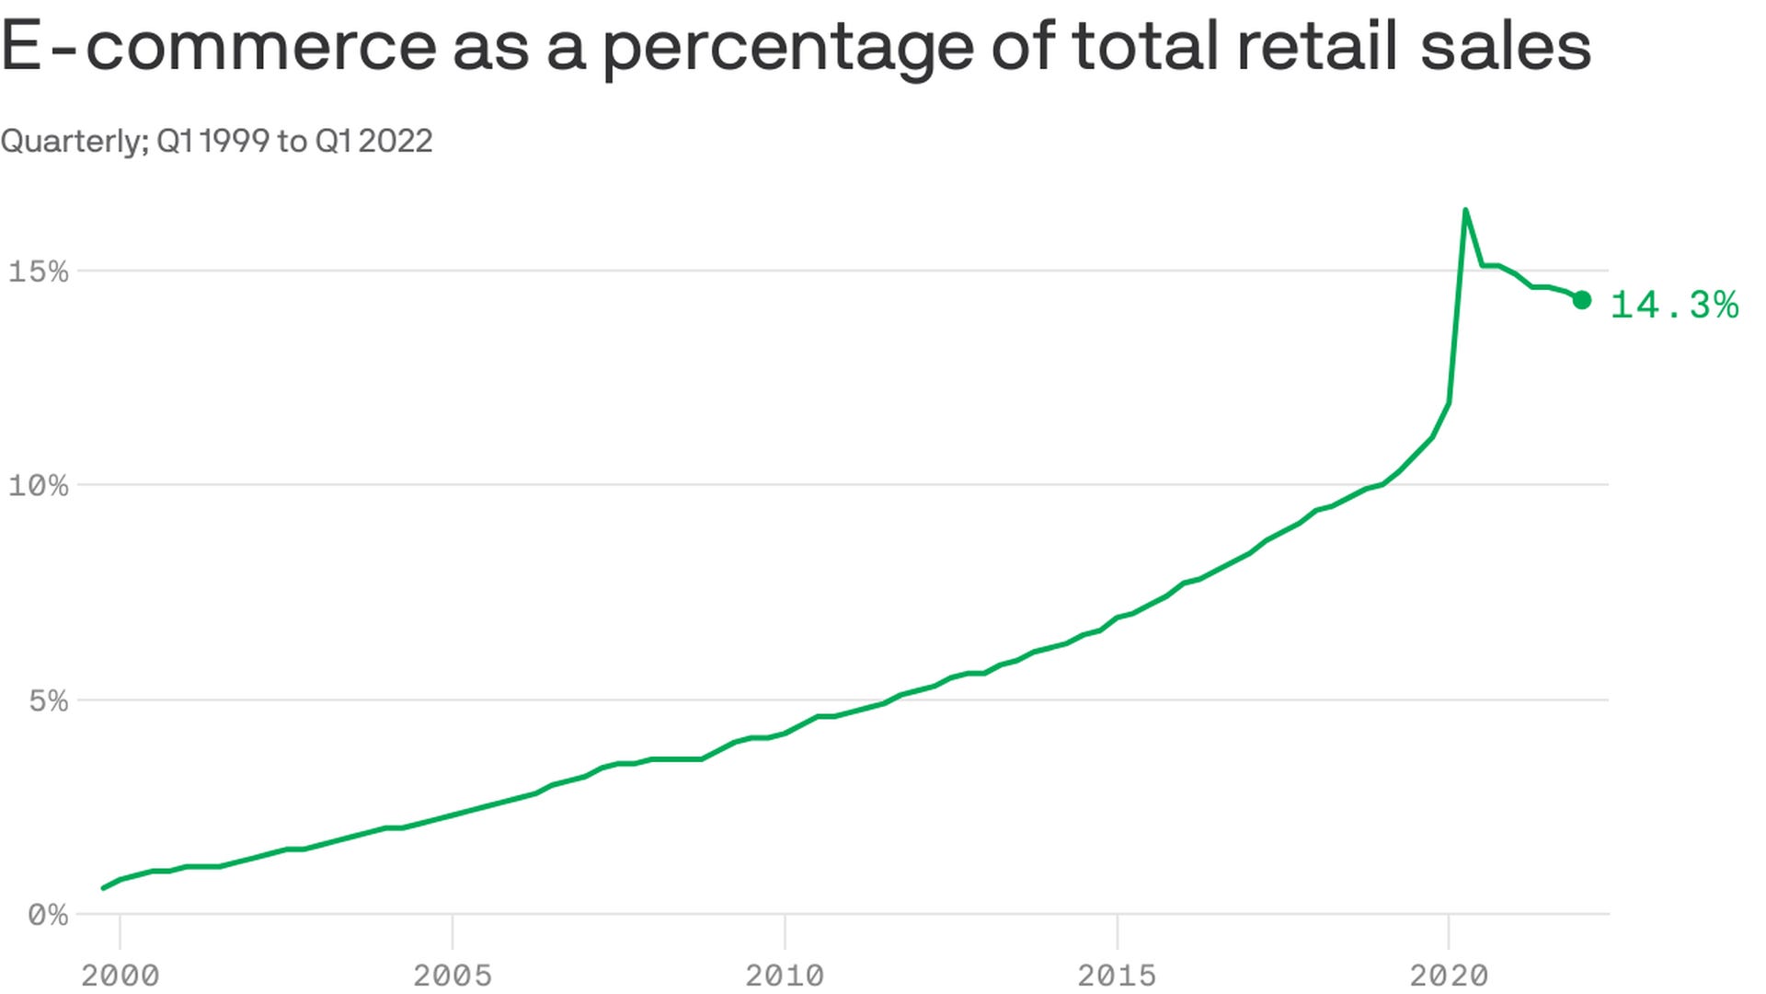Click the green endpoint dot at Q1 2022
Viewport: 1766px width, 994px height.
pos(1582,300)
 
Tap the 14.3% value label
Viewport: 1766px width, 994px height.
pos(1674,305)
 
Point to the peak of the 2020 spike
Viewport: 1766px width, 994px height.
pos(1465,211)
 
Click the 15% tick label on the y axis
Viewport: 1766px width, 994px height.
pos(38,272)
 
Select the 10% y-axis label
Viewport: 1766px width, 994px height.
pos(38,485)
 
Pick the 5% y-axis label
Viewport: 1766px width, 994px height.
pos(48,700)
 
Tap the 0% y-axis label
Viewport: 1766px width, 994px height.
pos(48,915)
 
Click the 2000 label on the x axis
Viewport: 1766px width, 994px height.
pos(120,975)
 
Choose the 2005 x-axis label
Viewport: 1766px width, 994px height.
pos(453,975)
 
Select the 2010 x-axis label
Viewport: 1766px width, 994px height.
pos(785,975)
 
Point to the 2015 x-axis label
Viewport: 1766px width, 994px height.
pos(1117,975)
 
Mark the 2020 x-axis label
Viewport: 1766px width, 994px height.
pos(1449,975)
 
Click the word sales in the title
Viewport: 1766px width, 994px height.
pos(1506,46)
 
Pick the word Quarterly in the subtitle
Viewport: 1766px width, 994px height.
pos(74,142)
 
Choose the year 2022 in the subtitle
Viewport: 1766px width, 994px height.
pos(396,141)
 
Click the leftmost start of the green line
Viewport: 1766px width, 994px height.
pos(103,888)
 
